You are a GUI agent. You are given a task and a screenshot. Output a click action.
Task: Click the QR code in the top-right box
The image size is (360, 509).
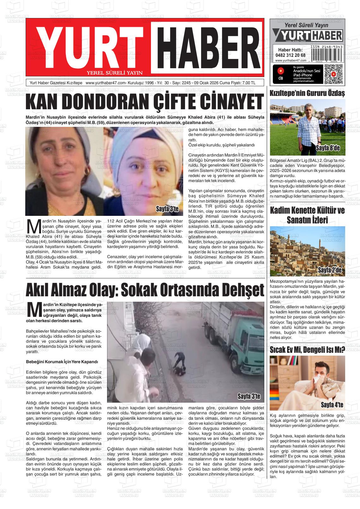click(333, 74)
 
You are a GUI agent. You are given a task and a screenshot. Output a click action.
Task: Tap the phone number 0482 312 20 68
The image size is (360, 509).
click(290, 55)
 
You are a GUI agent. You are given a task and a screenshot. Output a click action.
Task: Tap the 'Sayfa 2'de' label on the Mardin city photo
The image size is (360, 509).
click(330, 270)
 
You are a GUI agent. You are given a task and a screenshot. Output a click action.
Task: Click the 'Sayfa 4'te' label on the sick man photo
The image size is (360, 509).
click(332, 405)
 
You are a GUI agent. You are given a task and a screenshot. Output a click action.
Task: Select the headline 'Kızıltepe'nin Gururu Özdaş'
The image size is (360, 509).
click(307, 93)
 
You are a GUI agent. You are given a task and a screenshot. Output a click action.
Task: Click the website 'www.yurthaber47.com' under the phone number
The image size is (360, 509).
click(291, 61)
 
